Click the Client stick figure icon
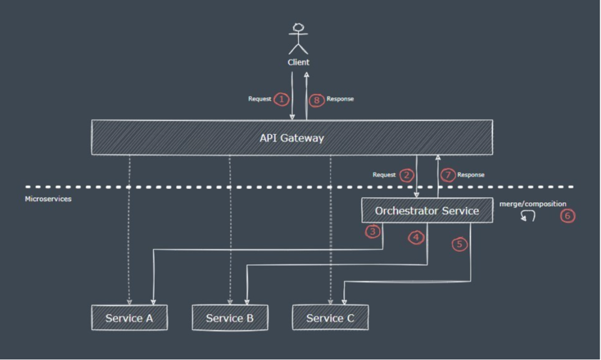tap(298, 38)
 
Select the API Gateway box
tap(292, 138)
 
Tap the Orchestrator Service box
tap(427, 211)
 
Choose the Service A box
tap(129, 318)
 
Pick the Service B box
tap(230, 318)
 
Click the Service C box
tap(330, 318)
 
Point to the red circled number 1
tap(281, 100)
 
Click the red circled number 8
tap(316, 100)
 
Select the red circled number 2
tap(407, 175)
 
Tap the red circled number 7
tap(448, 175)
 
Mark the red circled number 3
tap(373, 231)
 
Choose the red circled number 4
tap(417, 238)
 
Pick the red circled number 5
tap(459, 245)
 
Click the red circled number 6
tap(568, 217)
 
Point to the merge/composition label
tap(532, 204)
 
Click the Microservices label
tap(48, 199)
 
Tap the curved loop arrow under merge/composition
tap(527, 217)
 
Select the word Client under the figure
tap(298, 63)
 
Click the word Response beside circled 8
tap(340, 99)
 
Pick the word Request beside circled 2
tap(384, 175)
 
